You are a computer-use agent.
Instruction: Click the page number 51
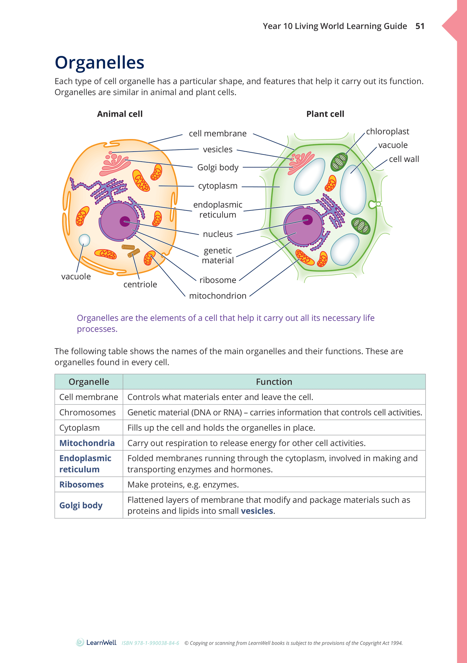[x=420, y=26]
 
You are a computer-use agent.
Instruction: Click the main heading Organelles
[x=100, y=62]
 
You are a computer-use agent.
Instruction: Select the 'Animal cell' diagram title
[x=120, y=114]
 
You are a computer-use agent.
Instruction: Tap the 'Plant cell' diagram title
[x=325, y=114]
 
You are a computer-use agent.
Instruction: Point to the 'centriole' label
[x=140, y=284]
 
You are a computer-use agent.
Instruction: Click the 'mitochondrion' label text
[x=218, y=296]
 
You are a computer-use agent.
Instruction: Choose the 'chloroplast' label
[x=387, y=132]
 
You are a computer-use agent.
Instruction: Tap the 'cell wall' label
[x=404, y=159]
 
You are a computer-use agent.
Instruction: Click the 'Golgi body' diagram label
[x=218, y=167]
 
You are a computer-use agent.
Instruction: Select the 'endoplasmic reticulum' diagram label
[x=218, y=210]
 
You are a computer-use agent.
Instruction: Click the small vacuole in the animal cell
[x=84, y=240]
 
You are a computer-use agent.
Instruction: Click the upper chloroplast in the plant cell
[x=339, y=162]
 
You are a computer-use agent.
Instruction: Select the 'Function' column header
[x=274, y=382]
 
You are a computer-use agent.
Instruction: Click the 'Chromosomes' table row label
[x=87, y=412]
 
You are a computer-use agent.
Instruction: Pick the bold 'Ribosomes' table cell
[x=81, y=485]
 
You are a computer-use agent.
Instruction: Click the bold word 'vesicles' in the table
[x=257, y=511]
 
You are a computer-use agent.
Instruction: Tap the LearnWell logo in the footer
[x=96, y=643]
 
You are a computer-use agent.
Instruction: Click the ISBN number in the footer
[x=150, y=643]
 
